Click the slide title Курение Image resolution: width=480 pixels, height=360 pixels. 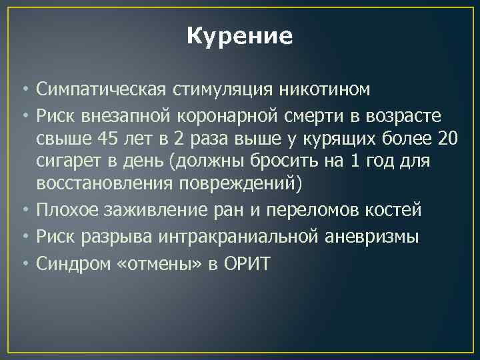(239, 36)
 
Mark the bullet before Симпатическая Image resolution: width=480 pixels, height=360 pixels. (25, 89)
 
